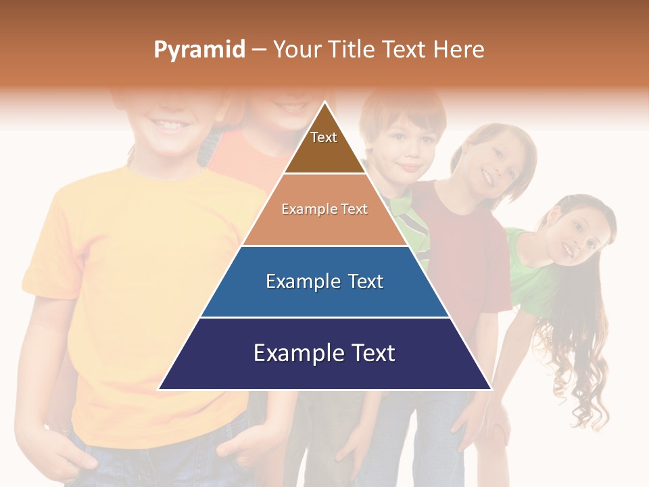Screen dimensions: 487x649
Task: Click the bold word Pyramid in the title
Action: [x=199, y=50]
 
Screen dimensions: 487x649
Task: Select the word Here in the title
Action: [x=458, y=49]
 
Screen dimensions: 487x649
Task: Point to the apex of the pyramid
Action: [x=324, y=103]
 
